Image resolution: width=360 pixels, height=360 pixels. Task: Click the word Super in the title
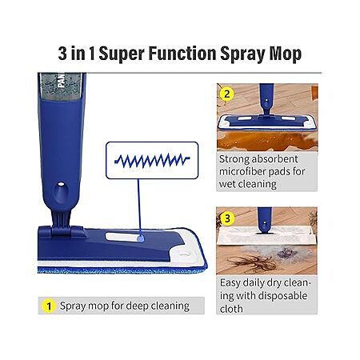point(122,54)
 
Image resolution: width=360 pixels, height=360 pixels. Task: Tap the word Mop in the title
point(286,54)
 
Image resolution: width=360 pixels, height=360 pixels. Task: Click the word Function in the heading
point(182,53)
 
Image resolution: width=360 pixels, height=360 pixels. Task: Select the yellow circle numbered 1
point(49,306)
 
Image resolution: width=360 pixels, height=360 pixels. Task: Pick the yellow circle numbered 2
point(226,94)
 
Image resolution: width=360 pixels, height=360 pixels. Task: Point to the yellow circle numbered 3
point(227,218)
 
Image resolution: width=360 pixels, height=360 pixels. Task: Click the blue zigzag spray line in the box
point(152,160)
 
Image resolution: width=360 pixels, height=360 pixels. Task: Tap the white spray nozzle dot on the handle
point(61,184)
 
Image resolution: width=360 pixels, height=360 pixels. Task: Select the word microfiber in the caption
point(242,171)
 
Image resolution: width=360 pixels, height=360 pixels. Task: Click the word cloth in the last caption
point(231,309)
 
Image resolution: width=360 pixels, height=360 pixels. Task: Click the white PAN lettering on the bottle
point(61,81)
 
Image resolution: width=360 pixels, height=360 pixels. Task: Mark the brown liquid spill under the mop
point(266,141)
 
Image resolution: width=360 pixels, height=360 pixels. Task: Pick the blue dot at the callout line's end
point(141,238)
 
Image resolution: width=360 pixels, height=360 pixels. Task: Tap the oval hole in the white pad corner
point(184,254)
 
